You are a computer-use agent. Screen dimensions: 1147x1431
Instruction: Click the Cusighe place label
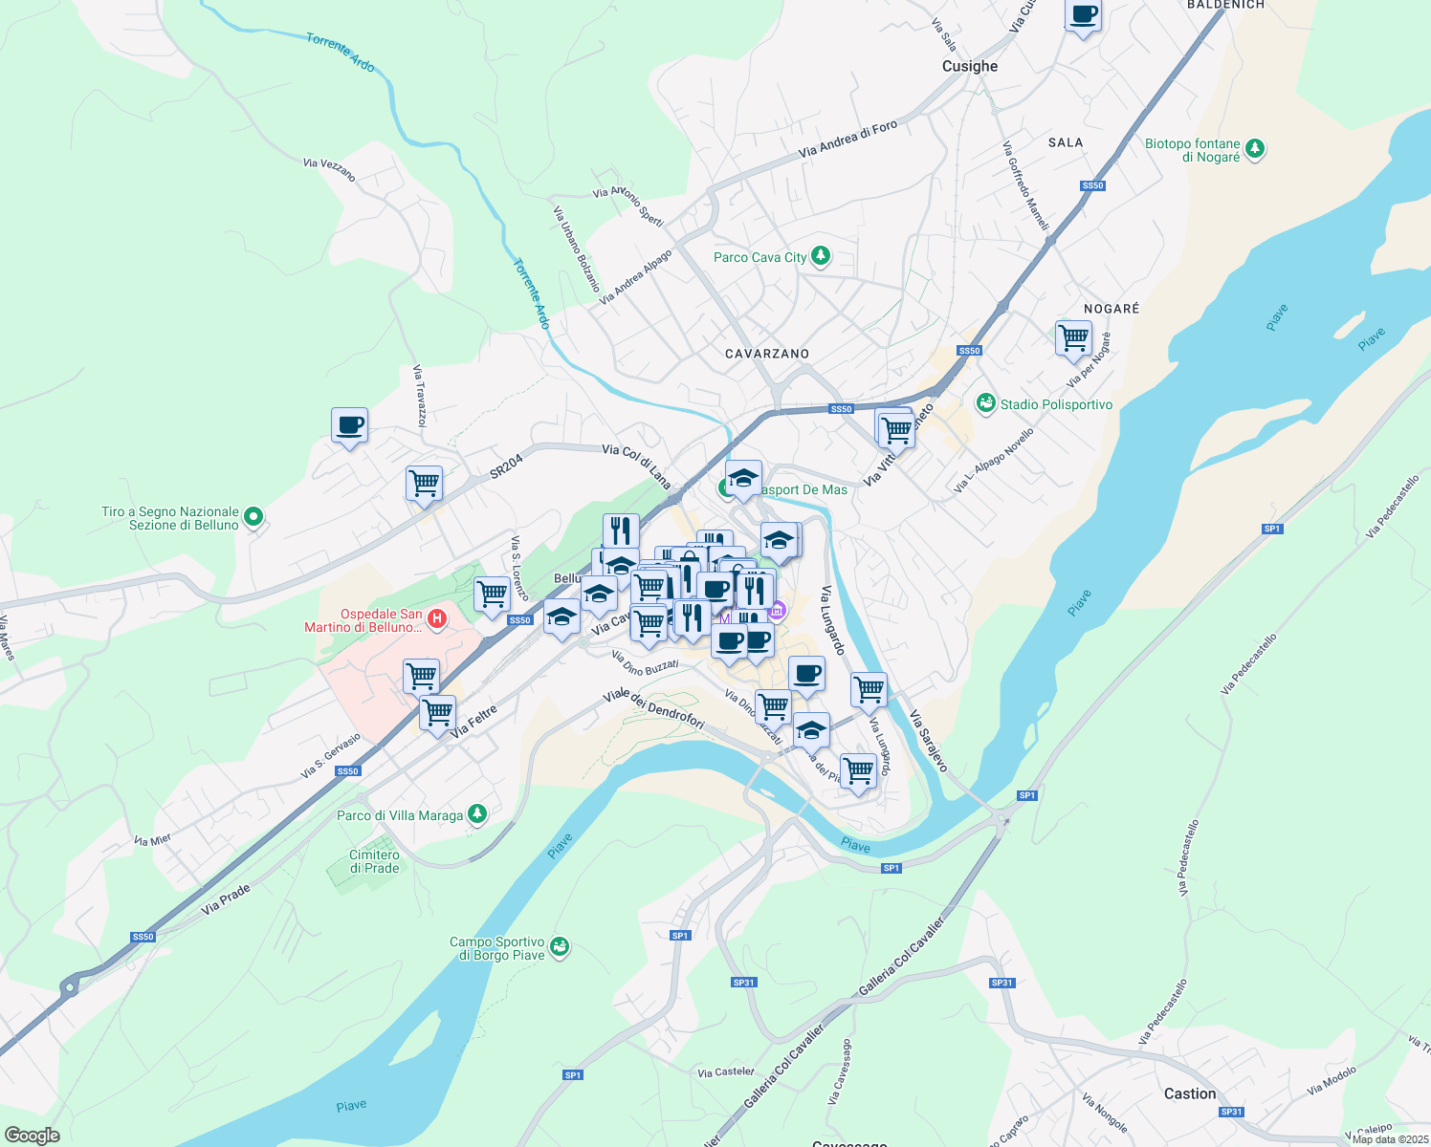[x=969, y=66]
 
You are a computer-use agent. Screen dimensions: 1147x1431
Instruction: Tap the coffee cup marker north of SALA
[x=1083, y=16]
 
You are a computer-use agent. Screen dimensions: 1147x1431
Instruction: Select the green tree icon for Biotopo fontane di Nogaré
[x=1255, y=149]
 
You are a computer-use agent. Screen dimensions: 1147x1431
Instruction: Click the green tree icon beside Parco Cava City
[x=820, y=256]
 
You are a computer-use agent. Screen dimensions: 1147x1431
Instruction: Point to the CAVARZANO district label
[x=767, y=354]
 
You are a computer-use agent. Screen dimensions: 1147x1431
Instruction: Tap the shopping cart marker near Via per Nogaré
[x=1073, y=338]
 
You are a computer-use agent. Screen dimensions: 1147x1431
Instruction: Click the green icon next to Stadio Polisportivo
[x=985, y=404]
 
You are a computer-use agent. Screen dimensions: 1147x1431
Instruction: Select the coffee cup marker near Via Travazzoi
[x=349, y=425]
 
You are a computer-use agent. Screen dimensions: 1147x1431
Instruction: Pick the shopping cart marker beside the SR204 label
[x=424, y=484]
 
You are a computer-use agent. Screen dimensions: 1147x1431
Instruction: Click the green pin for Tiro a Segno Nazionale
[x=253, y=517]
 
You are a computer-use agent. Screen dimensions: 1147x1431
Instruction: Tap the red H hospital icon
[x=436, y=619]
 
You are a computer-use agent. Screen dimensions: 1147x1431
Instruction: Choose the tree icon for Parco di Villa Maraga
[x=476, y=814]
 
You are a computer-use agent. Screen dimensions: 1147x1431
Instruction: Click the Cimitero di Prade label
[x=374, y=861]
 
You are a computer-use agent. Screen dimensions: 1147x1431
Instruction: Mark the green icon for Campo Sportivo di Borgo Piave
[x=560, y=947]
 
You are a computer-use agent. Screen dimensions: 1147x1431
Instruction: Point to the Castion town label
[x=1190, y=1093]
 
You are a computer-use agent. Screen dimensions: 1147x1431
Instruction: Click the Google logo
[x=32, y=1136]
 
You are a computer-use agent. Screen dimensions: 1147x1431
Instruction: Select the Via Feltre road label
[x=473, y=721]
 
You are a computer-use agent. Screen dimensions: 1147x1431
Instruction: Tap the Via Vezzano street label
[x=329, y=169]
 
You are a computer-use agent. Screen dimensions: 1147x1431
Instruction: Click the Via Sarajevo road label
[x=928, y=741]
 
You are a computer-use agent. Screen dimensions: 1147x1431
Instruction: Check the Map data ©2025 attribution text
[x=1390, y=1139]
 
